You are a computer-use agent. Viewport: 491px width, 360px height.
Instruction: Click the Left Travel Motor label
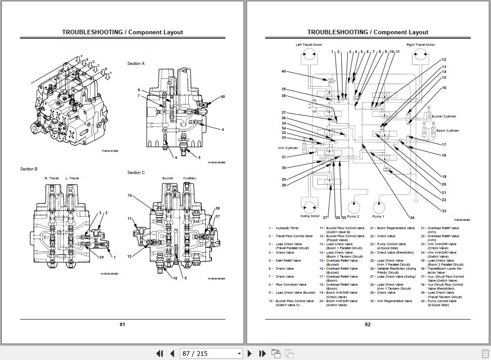pos(308,44)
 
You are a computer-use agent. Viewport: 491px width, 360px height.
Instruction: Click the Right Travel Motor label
pos(420,44)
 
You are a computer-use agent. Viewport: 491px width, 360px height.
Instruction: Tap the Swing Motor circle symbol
pos(310,207)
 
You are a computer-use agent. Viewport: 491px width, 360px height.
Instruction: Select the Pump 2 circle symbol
pos(353,207)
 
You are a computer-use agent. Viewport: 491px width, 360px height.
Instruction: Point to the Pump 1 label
pos(378,216)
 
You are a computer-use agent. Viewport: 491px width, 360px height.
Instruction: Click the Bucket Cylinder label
pos(444,117)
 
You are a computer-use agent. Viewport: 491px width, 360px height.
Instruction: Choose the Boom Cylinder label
pos(447,131)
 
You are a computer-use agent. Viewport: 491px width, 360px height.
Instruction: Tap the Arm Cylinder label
pos(288,148)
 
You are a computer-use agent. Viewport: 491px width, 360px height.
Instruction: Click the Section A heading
pos(136,64)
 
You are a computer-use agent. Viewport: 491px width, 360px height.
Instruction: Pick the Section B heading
pos(28,169)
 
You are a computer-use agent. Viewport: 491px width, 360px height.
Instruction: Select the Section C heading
pos(136,173)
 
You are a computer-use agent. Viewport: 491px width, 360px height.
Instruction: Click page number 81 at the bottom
pos(122,324)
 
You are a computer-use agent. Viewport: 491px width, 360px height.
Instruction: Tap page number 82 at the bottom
pos(367,324)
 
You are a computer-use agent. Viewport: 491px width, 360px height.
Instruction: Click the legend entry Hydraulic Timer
pos(287,228)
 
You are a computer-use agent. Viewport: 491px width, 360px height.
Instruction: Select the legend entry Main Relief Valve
pos(288,261)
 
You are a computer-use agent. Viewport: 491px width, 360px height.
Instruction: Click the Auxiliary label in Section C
pos(190,178)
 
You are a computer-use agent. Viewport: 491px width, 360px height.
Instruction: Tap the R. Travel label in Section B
pos(52,178)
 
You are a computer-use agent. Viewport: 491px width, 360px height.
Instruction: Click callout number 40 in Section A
pos(223,97)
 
